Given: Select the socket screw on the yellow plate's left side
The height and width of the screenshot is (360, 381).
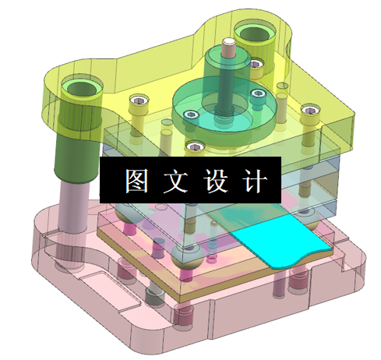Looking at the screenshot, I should tap(139, 101).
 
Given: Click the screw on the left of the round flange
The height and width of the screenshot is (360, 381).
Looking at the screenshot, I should tap(188, 115).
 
